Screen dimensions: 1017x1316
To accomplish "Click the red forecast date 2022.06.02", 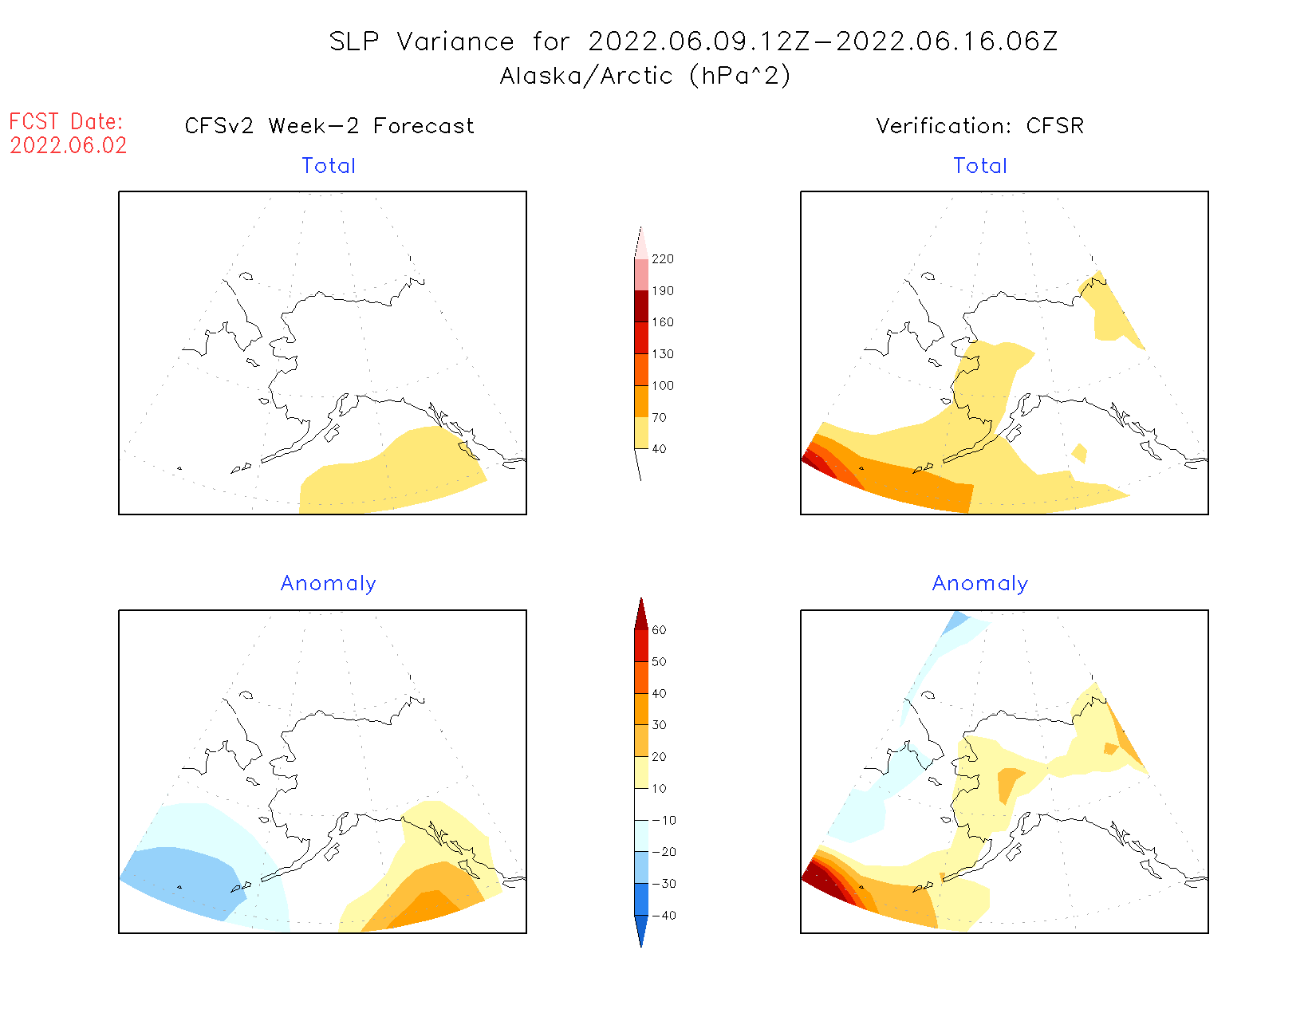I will [69, 146].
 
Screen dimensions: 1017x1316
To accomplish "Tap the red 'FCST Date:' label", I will [66, 122].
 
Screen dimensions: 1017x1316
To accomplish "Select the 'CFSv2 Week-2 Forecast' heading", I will [329, 126].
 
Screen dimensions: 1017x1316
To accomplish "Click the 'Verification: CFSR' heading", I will [980, 126].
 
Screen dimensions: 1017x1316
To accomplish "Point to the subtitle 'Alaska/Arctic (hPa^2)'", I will [645, 76].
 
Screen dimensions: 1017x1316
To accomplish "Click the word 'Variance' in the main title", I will [455, 41].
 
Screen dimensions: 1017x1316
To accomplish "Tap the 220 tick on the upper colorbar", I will [662, 259].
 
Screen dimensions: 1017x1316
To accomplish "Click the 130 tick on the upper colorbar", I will [662, 354].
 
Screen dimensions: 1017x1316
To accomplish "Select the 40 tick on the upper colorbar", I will [659, 449].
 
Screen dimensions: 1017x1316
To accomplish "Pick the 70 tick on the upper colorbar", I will [659, 417].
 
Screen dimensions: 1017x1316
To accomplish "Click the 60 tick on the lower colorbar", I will [659, 630].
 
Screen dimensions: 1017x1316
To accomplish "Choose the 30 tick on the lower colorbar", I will [659, 725].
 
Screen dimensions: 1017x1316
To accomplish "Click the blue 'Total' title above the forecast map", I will [329, 166].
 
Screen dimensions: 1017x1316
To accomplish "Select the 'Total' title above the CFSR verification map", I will [980, 166].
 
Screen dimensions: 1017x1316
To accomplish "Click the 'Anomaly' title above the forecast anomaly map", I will [329, 584].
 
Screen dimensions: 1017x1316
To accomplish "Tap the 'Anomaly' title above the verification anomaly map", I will [980, 584].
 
